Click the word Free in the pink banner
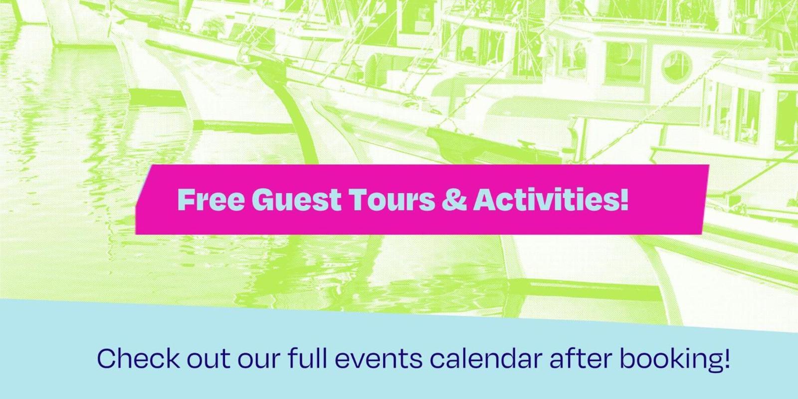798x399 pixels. coord(211,199)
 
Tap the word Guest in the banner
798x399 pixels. coord(296,199)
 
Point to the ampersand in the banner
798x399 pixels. coord(454,199)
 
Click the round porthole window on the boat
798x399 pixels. coord(676,67)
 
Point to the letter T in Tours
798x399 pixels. coord(358,199)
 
